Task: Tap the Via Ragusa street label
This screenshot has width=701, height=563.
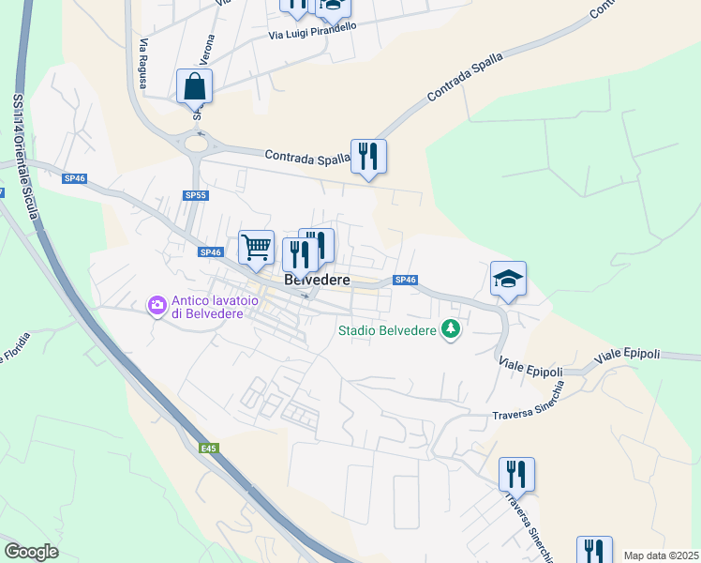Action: tap(143, 65)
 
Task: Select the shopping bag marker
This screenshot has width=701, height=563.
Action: tap(194, 86)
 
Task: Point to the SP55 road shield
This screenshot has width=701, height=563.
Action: tap(195, 195)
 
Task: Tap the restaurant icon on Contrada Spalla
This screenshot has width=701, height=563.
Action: tap(368, 157)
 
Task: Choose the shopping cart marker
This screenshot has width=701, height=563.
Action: tap(256, 249)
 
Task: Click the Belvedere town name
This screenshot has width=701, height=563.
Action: tap(317, 280)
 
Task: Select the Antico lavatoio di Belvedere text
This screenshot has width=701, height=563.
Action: tap(206, 307)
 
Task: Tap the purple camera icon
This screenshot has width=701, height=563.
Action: tap(157, 304)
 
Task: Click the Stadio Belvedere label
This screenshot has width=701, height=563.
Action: tap(389, 329)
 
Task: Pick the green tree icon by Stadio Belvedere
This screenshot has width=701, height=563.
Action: tap(452, 328)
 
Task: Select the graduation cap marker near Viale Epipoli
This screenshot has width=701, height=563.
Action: tap(508, 279)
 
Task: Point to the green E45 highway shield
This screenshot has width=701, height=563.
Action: tap(208, 449)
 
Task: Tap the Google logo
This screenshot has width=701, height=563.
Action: tap(32, 552)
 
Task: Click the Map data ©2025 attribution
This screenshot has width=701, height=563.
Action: tap(661, 555)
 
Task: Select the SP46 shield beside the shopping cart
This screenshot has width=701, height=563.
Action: tap(210, 251)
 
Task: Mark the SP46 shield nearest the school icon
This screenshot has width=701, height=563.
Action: tap(405, 280)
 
